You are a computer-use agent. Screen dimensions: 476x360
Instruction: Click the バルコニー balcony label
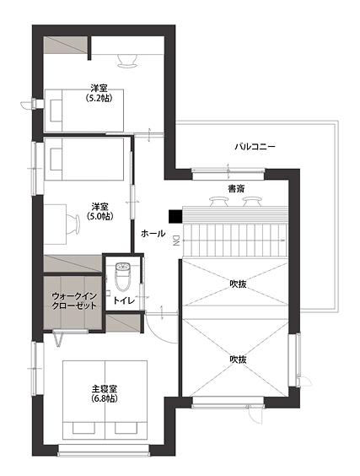(x=255, y=146)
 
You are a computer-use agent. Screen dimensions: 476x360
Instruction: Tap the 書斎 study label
(x=235, y=188)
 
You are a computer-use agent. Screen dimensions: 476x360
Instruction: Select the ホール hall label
(x=153, y=233)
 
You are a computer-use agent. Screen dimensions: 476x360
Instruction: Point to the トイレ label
(x=124, y=300)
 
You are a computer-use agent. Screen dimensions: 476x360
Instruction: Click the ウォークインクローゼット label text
(x=74, y=300)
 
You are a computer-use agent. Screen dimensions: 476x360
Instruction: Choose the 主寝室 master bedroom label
(x=105, y=388)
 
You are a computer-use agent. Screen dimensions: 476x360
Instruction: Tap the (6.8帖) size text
(x=105, y=398)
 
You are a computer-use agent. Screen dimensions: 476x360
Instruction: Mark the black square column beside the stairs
(x=174, y=216)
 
